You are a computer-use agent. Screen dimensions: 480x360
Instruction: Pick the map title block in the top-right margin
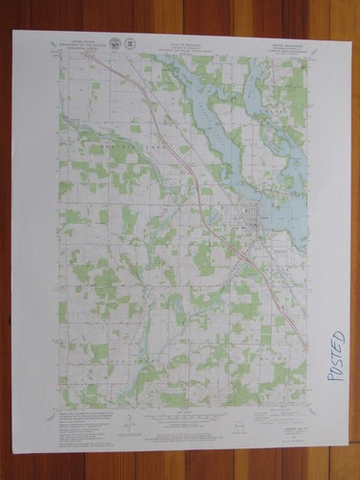[x=284, y=44]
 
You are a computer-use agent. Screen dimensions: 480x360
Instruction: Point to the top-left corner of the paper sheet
[x=13, y=32]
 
